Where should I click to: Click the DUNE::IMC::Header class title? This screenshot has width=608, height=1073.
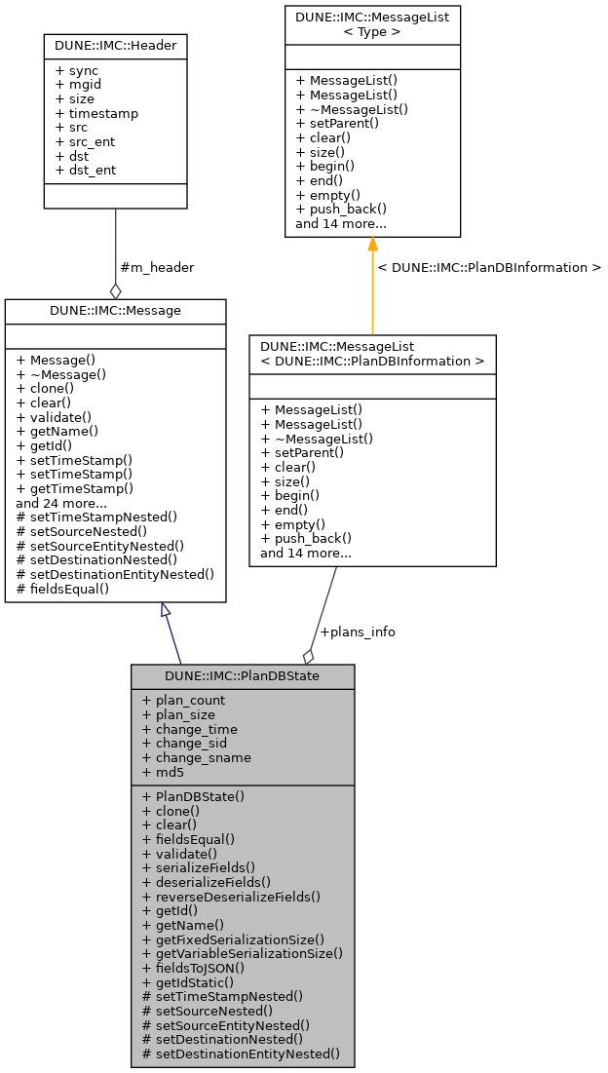point(115,45)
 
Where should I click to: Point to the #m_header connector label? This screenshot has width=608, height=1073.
point(156,268)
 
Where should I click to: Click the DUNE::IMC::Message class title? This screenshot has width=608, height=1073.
point(115,310)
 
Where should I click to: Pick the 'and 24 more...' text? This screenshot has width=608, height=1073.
point(61,503)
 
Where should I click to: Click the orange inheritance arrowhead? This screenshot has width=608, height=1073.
point(372,245)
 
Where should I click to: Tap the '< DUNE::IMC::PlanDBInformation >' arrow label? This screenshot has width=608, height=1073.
point(489,267)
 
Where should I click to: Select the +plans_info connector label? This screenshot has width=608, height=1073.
point(358,632)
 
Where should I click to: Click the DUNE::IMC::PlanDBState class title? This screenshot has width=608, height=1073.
point(242,675)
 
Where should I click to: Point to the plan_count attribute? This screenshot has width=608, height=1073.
point(183,700)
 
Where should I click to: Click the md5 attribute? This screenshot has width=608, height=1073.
point(163,772)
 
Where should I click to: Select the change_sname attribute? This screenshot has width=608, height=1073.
point(196,757)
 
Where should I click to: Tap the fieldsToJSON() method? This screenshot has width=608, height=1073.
point(193,968)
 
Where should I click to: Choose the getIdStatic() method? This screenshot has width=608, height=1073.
point(189,982)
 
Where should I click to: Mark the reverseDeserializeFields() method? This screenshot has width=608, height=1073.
point(231,896)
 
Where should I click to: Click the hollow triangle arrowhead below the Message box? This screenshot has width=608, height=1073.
point(166,609)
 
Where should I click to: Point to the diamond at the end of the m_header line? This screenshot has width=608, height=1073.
point(115,290)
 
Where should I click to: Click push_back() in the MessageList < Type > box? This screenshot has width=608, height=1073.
point(341,209)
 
